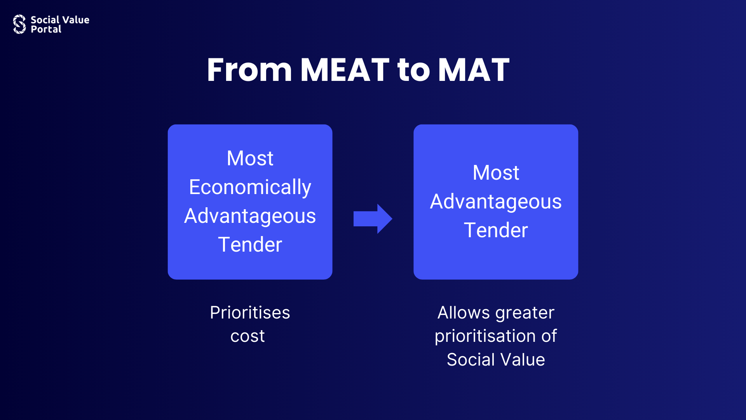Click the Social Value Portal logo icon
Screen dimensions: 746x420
pos(19,24)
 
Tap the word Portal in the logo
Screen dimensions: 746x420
pos(46,29)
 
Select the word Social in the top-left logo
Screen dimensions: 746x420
pos(45,20)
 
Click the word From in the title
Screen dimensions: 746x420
pos(249,70)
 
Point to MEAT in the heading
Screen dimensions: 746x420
pos(345,70)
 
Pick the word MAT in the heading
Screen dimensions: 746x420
pos(474,70)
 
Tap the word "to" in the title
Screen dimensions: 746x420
pos(414,71)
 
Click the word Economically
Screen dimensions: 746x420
pos(250,187)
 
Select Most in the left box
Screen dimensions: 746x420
pos(250,158)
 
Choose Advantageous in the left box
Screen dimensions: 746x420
pos(250,216)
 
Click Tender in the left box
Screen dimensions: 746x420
pos(250,245)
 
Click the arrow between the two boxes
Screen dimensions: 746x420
pos(373,219)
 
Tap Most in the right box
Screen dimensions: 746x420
pos(496,173)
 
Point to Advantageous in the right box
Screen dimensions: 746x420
pos(496,202)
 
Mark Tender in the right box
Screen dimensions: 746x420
pos(496,230)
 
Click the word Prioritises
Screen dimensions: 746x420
pos(250,313)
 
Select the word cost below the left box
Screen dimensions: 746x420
pos(248,336)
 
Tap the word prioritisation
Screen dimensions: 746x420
pos(485,336)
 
